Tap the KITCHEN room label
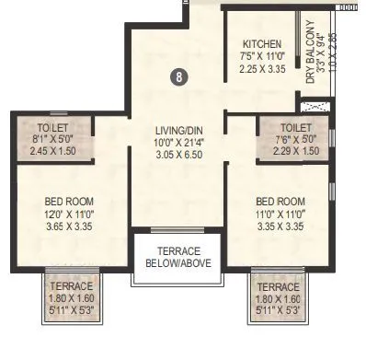[x=262, y=43]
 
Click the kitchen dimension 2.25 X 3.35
[x=262, y=68]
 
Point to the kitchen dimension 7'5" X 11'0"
[x=262, y=56]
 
